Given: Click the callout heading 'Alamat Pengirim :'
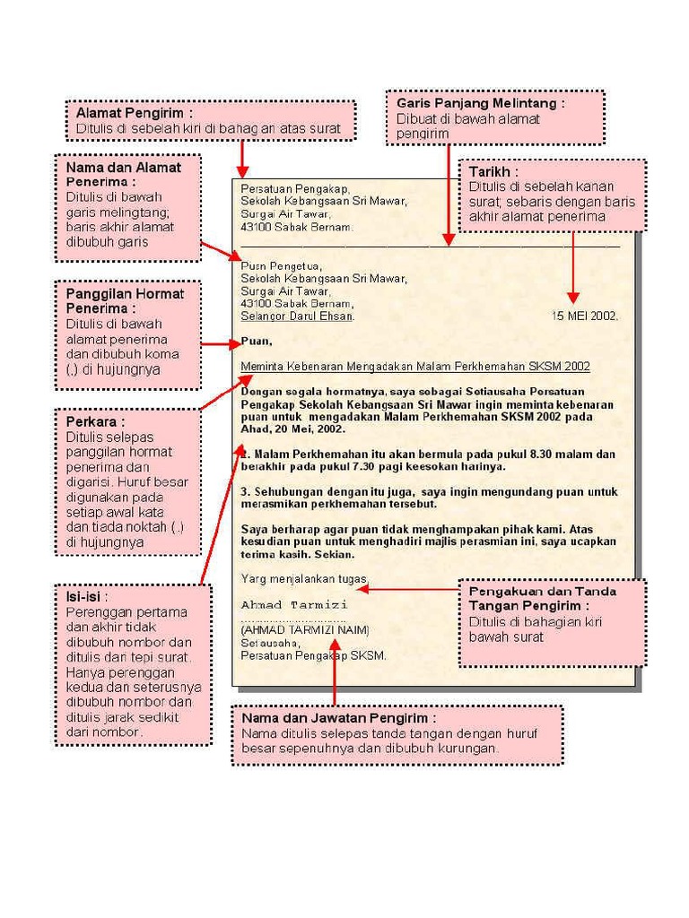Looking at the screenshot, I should tap(134, 114).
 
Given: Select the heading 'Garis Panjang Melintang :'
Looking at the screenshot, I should tap(480, 103).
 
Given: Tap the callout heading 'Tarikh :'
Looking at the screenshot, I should tap(493, 171).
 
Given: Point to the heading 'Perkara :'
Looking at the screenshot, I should tap(95, 421).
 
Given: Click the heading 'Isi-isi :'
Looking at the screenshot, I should tap(87, 596).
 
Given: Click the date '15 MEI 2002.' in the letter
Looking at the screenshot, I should tap(584, 316).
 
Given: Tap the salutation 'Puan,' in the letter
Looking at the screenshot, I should tap(257, 342).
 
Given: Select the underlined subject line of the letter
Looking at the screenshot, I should tap(415, 366).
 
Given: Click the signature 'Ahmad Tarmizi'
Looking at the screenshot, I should tap(293, 604).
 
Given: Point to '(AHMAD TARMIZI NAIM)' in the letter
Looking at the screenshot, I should tap(304, 629).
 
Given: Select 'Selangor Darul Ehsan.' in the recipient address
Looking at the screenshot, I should tap(298, 316).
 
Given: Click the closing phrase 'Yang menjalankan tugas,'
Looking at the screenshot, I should tap(303, 578).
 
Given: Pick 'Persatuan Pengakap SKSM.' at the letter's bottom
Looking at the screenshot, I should tap(313, 655).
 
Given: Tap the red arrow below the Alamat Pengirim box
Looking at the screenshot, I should tap(240, 160).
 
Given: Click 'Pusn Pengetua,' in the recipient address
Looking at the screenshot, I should tap(281, 265).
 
